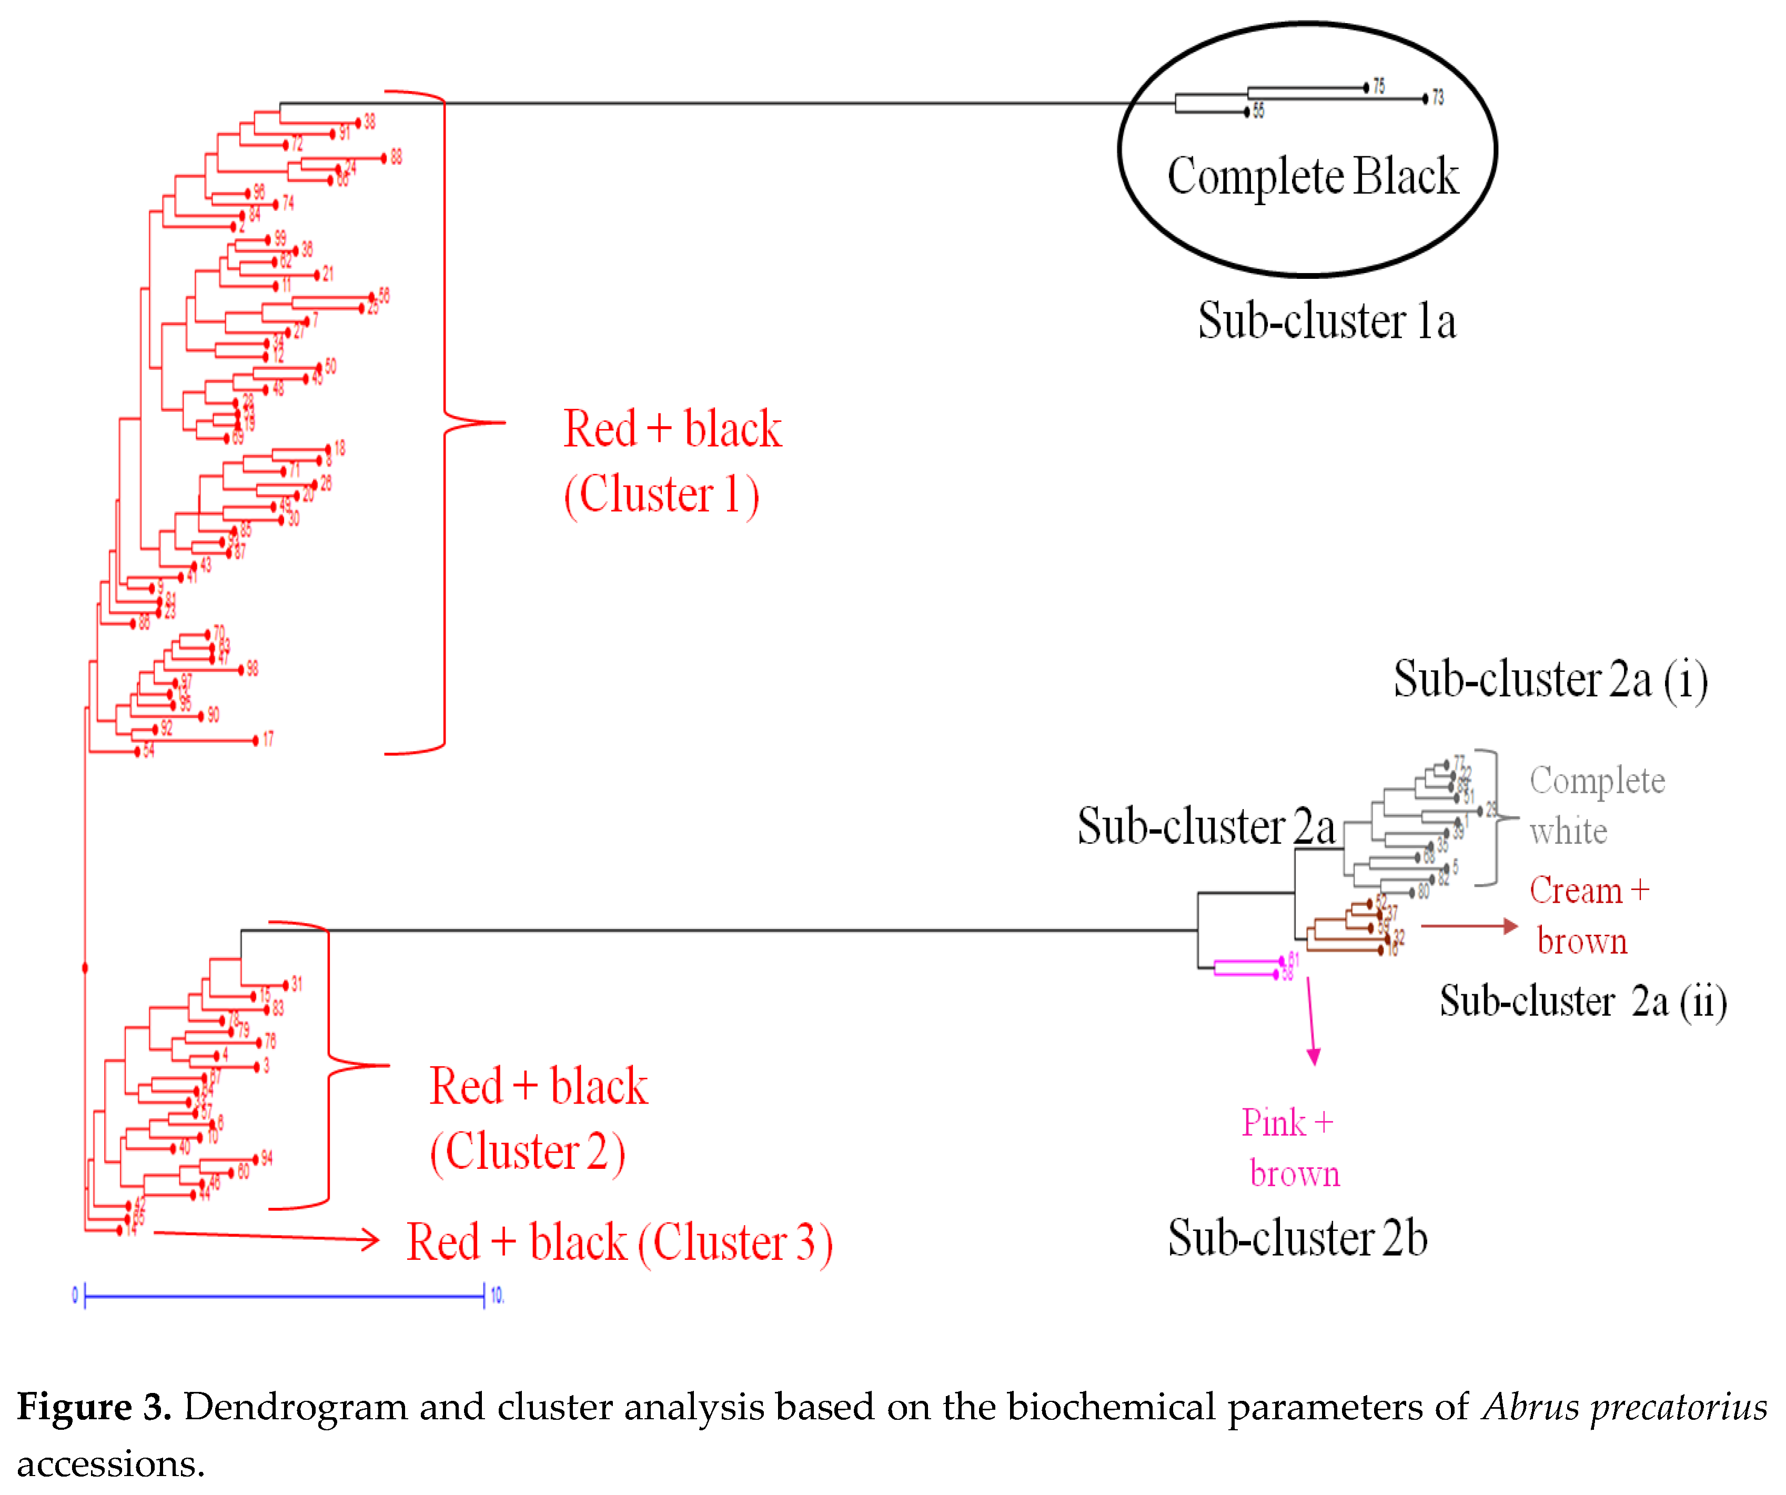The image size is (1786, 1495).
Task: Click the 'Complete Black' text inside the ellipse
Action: pos(1313,176)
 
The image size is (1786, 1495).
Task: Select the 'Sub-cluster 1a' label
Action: pos(1327,321)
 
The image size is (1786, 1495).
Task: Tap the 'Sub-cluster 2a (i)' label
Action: pos(1550,680)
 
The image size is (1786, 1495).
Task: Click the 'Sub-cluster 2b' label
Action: pos(1297,1238)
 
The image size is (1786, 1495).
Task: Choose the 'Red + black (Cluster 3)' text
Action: pos(619,1243)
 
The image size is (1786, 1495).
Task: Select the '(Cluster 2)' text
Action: pos(527,1153)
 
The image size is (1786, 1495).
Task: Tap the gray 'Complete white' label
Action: pos(1596,805)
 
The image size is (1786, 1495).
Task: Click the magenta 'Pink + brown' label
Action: pos(1289,1148)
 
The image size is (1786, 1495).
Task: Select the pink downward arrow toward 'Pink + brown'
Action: pos(1311,1021)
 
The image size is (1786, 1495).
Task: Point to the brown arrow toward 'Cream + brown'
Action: pos(1469,926)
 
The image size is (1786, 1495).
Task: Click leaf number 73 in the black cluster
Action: pos(1437,98)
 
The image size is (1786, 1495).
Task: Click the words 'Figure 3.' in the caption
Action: pos(94,1407)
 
